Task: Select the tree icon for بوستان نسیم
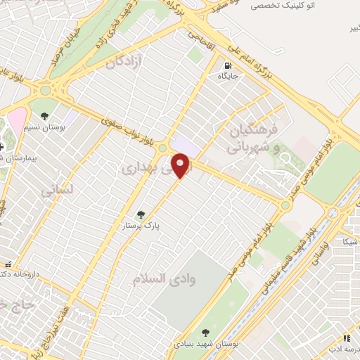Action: pos(45,115)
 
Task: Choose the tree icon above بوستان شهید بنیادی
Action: pos(205,333)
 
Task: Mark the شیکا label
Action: pos(350,241)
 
